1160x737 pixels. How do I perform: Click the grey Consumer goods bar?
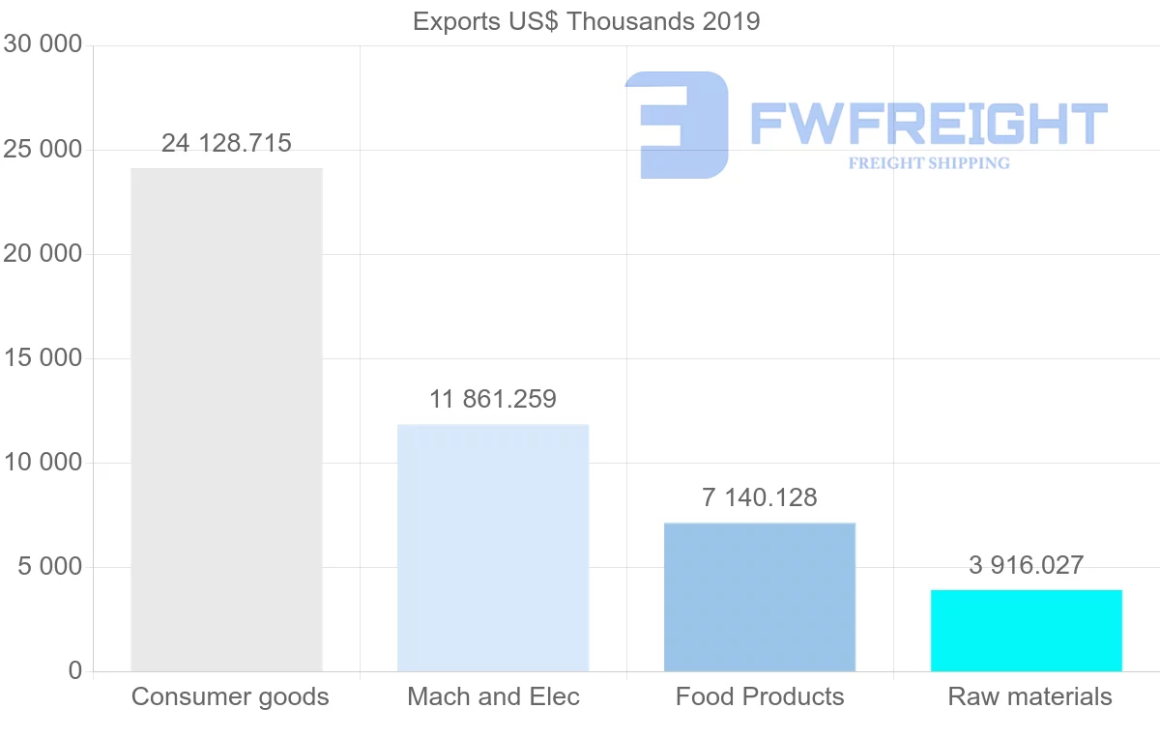click(x=226, y=419)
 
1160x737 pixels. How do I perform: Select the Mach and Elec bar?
click(x=493, y=548)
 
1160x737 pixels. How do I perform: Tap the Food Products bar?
click(x=760, y=597)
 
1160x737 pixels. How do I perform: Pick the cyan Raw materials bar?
click(x=1026, y=631)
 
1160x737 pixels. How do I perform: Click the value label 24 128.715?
click(x=226, y=144)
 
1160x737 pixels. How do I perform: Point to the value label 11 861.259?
click(x=493, y=399)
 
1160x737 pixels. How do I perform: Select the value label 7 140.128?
click(x=760, y=498)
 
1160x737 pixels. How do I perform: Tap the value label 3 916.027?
click(x=1026, y=566)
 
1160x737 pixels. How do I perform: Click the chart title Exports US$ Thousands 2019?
click(x=587, y=21)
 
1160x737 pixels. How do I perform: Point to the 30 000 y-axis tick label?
click(x=43, y=44)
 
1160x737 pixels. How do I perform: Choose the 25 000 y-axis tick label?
click(x=43, y=150)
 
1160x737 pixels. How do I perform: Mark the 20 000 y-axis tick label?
click(x=43, y=254)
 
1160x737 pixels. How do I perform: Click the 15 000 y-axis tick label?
click(x=43, y=358)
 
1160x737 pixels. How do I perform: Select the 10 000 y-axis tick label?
click(x=43, y=463)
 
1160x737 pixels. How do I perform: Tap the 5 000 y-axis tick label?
click(x=50, y=567)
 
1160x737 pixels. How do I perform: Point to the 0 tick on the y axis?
click(x=75, y=671)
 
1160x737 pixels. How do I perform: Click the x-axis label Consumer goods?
click(x=230, y=697)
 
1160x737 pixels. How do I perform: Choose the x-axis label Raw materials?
click(x=1029, y=697)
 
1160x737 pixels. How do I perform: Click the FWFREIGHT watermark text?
click(x=928, y=124)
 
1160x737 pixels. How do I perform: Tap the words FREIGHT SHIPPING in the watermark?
click(x=929, y=163)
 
